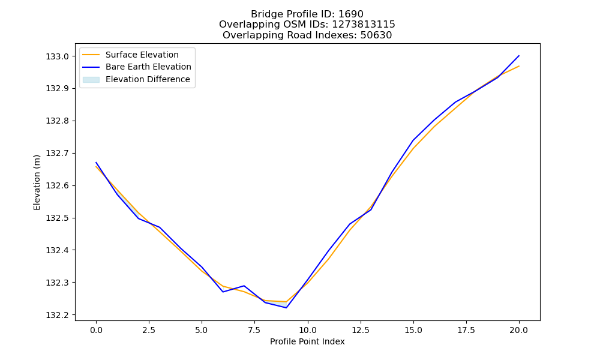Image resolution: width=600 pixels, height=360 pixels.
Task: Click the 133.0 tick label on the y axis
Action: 58,56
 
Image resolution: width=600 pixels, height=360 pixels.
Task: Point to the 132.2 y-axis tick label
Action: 58,315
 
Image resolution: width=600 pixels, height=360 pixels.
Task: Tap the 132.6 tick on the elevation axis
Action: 58,185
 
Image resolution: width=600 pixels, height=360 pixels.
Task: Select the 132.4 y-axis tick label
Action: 58,250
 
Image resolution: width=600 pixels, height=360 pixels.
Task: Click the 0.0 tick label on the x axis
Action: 96,330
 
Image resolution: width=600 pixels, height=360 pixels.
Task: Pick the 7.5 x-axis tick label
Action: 254,330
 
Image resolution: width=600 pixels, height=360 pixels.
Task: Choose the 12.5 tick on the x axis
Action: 361,330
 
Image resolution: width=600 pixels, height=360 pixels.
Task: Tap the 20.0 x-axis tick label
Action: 519,330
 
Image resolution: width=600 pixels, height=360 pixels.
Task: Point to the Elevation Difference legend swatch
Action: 91,80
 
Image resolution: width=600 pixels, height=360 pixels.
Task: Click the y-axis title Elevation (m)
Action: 37,182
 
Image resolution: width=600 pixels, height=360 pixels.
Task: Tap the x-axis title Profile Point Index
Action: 307,341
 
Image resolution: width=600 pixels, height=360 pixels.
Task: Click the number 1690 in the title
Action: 351,14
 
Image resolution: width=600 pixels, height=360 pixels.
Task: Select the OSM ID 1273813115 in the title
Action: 364,25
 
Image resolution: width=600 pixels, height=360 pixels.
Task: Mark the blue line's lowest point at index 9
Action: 286,308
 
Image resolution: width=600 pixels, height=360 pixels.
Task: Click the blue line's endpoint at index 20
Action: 519,56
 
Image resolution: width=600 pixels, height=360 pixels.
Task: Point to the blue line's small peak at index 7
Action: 244,286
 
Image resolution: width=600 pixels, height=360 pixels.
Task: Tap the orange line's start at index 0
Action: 96,166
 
